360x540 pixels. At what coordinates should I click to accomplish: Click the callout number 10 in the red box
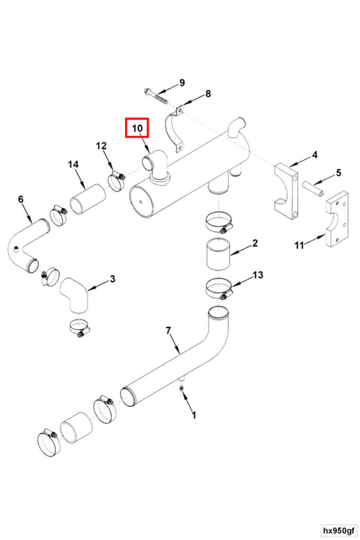tap(137, 128)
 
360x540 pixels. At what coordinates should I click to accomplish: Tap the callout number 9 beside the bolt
tap(182, 83)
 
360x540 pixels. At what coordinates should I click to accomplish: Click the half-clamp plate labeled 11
tap(337, 220)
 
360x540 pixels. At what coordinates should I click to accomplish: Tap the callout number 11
tap(299, 245)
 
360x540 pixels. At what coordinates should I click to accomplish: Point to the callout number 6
tap(20, 199)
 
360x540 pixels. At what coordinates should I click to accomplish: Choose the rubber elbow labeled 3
tap(73, 294)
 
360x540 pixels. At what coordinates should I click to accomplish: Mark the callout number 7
tap(168, 330)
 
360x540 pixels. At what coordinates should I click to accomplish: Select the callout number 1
tap(193, 416)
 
